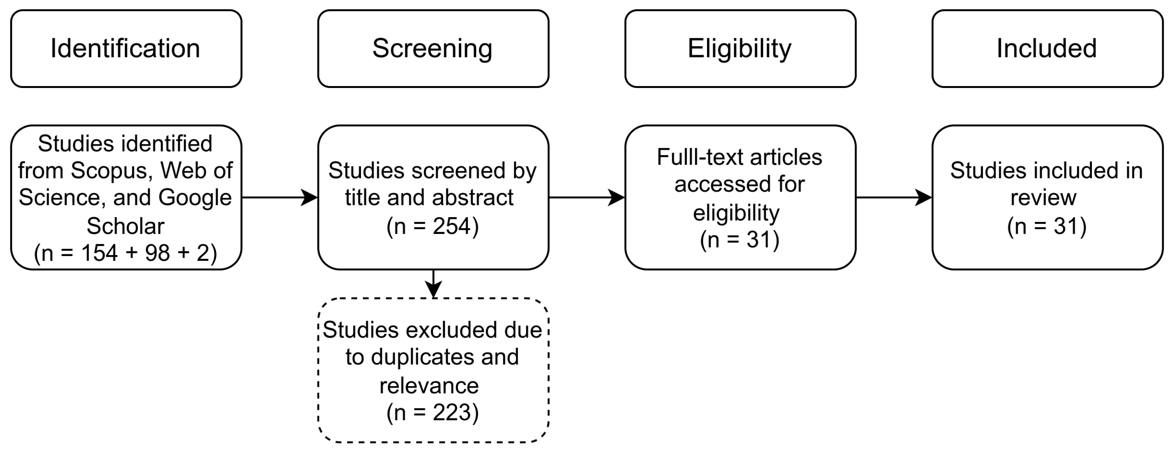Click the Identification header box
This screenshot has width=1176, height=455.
pos(126,49)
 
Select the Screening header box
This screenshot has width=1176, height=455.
pos(433,49)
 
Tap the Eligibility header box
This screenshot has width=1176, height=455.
pos(740,49)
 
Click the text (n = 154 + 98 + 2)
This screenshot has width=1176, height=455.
pos(125,253)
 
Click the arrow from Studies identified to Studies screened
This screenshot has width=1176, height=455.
pos(279,197)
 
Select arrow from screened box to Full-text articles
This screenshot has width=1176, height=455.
pos(587,197)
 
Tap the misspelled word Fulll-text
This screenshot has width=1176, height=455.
pos(700,157)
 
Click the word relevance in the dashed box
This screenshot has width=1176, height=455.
pos(429,385)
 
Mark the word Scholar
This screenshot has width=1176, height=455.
pos(125,226)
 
